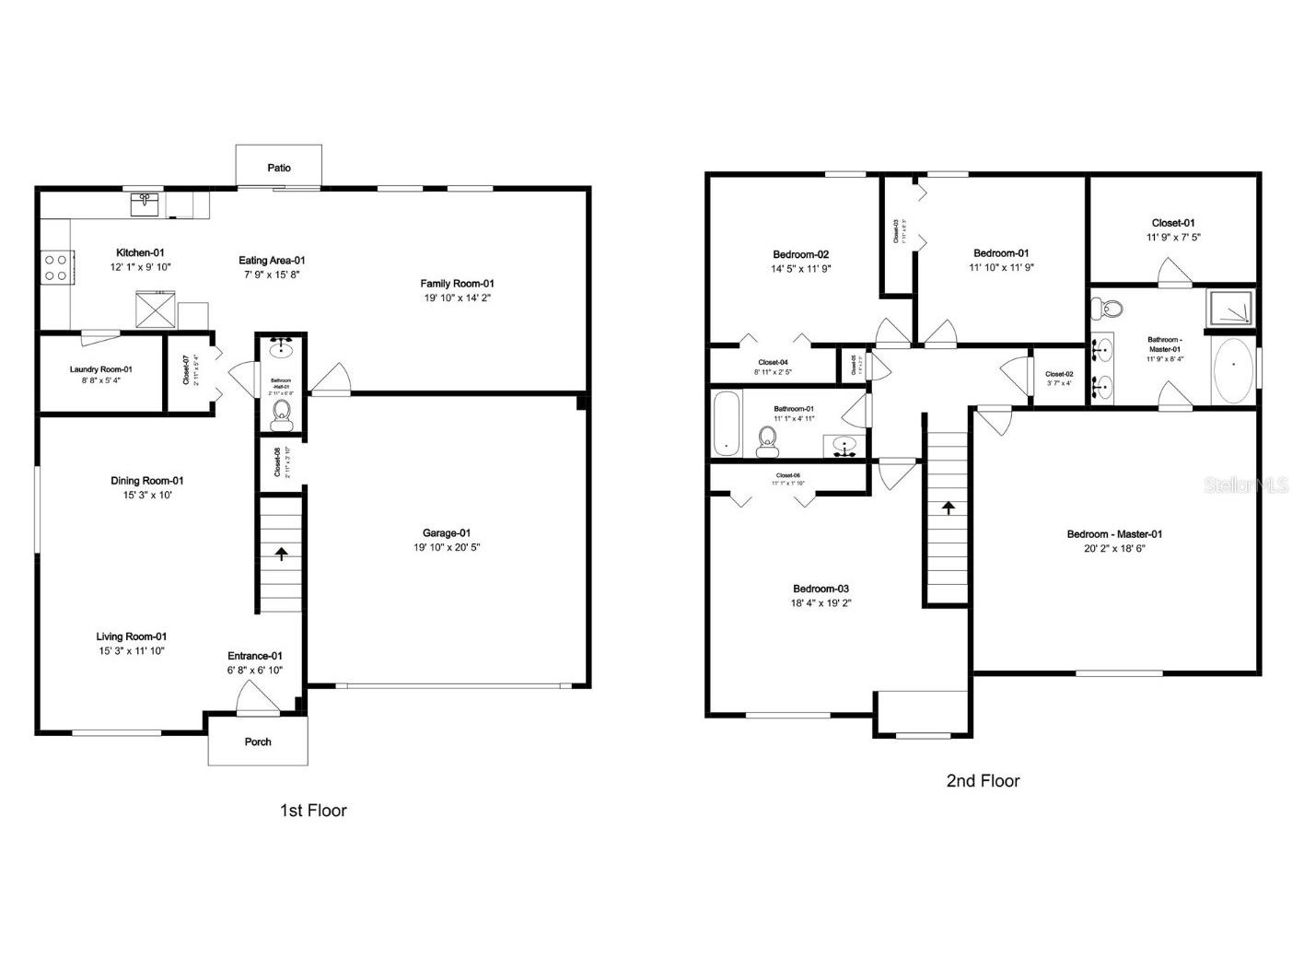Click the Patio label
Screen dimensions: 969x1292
279,168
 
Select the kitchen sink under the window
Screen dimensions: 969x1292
145,204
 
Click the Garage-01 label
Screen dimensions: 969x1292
447,532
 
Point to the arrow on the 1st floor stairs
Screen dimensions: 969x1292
281,554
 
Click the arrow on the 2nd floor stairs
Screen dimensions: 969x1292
947,507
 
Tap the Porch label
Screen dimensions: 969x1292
258,741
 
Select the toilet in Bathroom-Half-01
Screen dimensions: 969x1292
282,415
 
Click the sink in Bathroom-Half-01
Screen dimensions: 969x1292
281,350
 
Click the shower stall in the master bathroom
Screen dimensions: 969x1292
1230,308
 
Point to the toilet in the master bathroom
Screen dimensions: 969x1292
1109,309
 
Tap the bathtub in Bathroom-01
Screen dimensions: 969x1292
727,424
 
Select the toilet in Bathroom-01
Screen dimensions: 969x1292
766,442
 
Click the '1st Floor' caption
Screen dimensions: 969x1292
313,811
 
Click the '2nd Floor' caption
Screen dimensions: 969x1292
983,781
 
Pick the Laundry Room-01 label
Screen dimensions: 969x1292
101,369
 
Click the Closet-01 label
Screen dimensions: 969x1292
1173,223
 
